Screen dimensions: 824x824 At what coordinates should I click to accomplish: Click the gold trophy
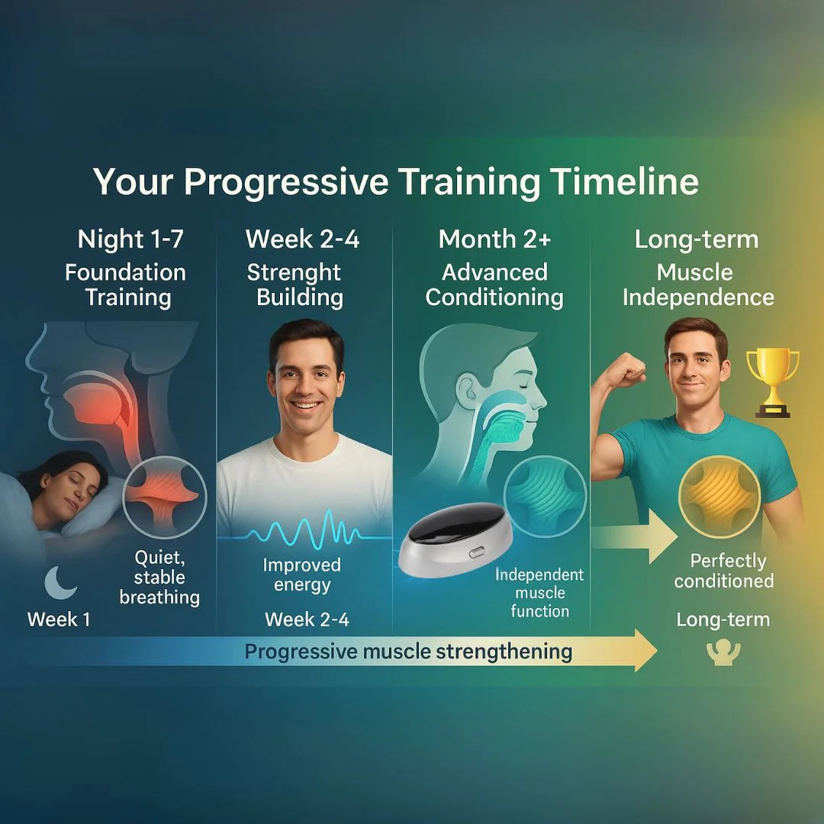772,382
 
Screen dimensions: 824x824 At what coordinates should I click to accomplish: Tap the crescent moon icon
60,583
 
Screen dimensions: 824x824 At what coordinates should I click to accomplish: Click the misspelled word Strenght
294,273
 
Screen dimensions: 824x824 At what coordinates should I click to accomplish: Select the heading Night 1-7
130,239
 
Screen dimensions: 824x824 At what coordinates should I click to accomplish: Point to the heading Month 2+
494,239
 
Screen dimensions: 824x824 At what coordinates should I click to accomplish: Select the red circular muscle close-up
165,497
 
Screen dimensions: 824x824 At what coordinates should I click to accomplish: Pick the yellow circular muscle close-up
719,497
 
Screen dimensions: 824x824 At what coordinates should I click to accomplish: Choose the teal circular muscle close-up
545,497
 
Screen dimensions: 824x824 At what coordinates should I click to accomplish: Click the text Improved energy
302,575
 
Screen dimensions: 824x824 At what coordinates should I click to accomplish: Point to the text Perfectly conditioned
725,571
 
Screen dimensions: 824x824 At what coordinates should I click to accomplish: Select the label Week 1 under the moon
59,619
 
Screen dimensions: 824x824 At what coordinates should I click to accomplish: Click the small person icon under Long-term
723,652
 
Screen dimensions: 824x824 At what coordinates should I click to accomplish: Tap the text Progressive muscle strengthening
408,652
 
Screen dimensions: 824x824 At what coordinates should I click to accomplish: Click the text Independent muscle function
539,593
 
